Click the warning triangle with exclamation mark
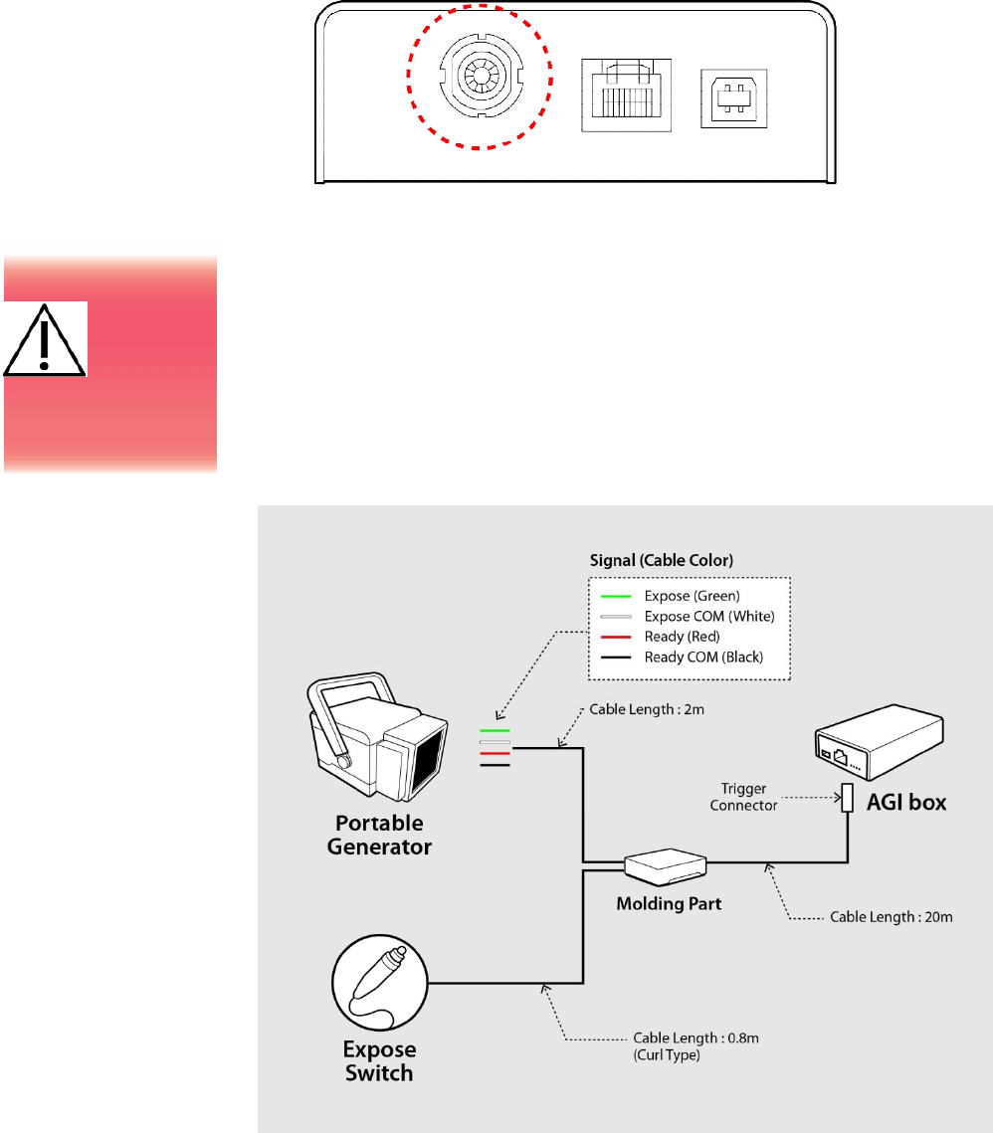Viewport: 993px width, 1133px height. [x=44, y=340]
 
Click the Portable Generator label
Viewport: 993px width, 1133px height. [x=379, y=836]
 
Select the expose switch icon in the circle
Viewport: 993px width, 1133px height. [x=380, y=985]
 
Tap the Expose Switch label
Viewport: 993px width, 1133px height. [x=379, y=1061]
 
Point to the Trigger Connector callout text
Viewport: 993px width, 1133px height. [x=743, y=797]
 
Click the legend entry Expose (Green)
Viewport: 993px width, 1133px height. [x=692, y=595]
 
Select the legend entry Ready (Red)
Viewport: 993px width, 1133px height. [x=682, y=637]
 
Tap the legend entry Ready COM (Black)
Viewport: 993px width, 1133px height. [x=702, y=658]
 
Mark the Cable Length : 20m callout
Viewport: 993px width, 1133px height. [x=892, y=917]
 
